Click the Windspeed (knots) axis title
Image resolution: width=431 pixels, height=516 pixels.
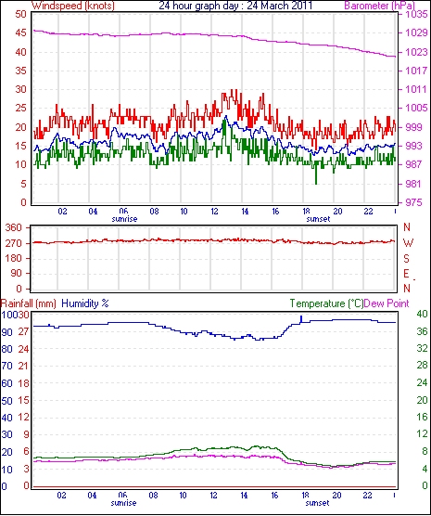pyautogui.click(x=73, y=6)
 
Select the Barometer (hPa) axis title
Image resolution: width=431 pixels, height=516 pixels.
pyautogui.click(x=380, y=6)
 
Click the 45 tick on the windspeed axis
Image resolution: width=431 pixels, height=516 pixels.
pyautogui.click(x=20, y=32)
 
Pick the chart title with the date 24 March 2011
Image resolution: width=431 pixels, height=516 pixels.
pyautogui.click(x=235, y=6)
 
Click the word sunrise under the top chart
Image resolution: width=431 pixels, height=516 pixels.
pyautogui.click(x=124, y=219)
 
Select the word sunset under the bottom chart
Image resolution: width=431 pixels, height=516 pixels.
pyautogui.click(x=317, y=503)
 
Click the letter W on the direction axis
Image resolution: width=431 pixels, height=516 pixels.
pyautogui.click(x=408, y=243)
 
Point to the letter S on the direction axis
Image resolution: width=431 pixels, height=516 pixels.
pyautogui.click(x=407, y=259)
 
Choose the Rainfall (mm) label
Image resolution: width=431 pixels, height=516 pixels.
pyautogui.click(x=29, y=303)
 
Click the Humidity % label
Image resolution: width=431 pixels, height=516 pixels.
pyautogui.click(x=85, y=303)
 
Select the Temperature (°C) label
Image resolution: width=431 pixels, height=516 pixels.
pyautogui.click(x=326, y=303)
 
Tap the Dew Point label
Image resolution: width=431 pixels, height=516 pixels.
pyautogui.click(x=387, y=303)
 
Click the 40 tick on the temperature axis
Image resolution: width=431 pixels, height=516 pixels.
pyautogui.click(x=422, y=314)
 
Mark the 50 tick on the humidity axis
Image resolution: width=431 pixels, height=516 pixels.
pyautogui.click(x=6, y=401)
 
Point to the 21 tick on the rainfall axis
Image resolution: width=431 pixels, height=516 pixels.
pyautogui.click(x=23, y=366)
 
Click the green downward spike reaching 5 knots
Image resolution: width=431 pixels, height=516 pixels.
pyautogui.click(x=316, y=174)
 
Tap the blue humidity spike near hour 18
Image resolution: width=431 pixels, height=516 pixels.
pyautogui.click(x=301, y=319)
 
